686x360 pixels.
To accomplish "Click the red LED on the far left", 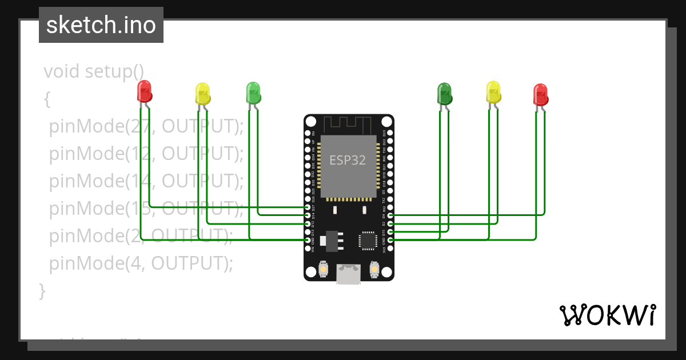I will coord(145,92).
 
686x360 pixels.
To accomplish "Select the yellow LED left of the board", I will coord(203,93).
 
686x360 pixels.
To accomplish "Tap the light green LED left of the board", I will coord(253,92).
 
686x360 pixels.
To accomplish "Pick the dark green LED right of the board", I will coord(444,93).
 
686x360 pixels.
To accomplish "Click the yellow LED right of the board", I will coord(493,92).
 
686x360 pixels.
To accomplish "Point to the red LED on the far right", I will coord(540,94).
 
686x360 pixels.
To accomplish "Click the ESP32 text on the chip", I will coord(347,160).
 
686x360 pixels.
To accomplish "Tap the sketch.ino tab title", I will coord(101,25).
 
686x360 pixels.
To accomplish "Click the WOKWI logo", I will coord(607,315).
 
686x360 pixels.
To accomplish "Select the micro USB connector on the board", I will coord(348,274).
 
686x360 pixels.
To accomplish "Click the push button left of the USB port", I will coord(324,269).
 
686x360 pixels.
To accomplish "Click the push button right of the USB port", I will coord(374,268).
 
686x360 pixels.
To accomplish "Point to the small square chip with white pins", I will coord(366,240).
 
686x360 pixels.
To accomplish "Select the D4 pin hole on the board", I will coord(390,216).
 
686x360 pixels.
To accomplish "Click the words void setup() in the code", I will coord(94,71).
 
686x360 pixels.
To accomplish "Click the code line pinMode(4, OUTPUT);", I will coord(141,263).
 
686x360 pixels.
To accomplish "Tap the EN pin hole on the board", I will coord(308,133).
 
